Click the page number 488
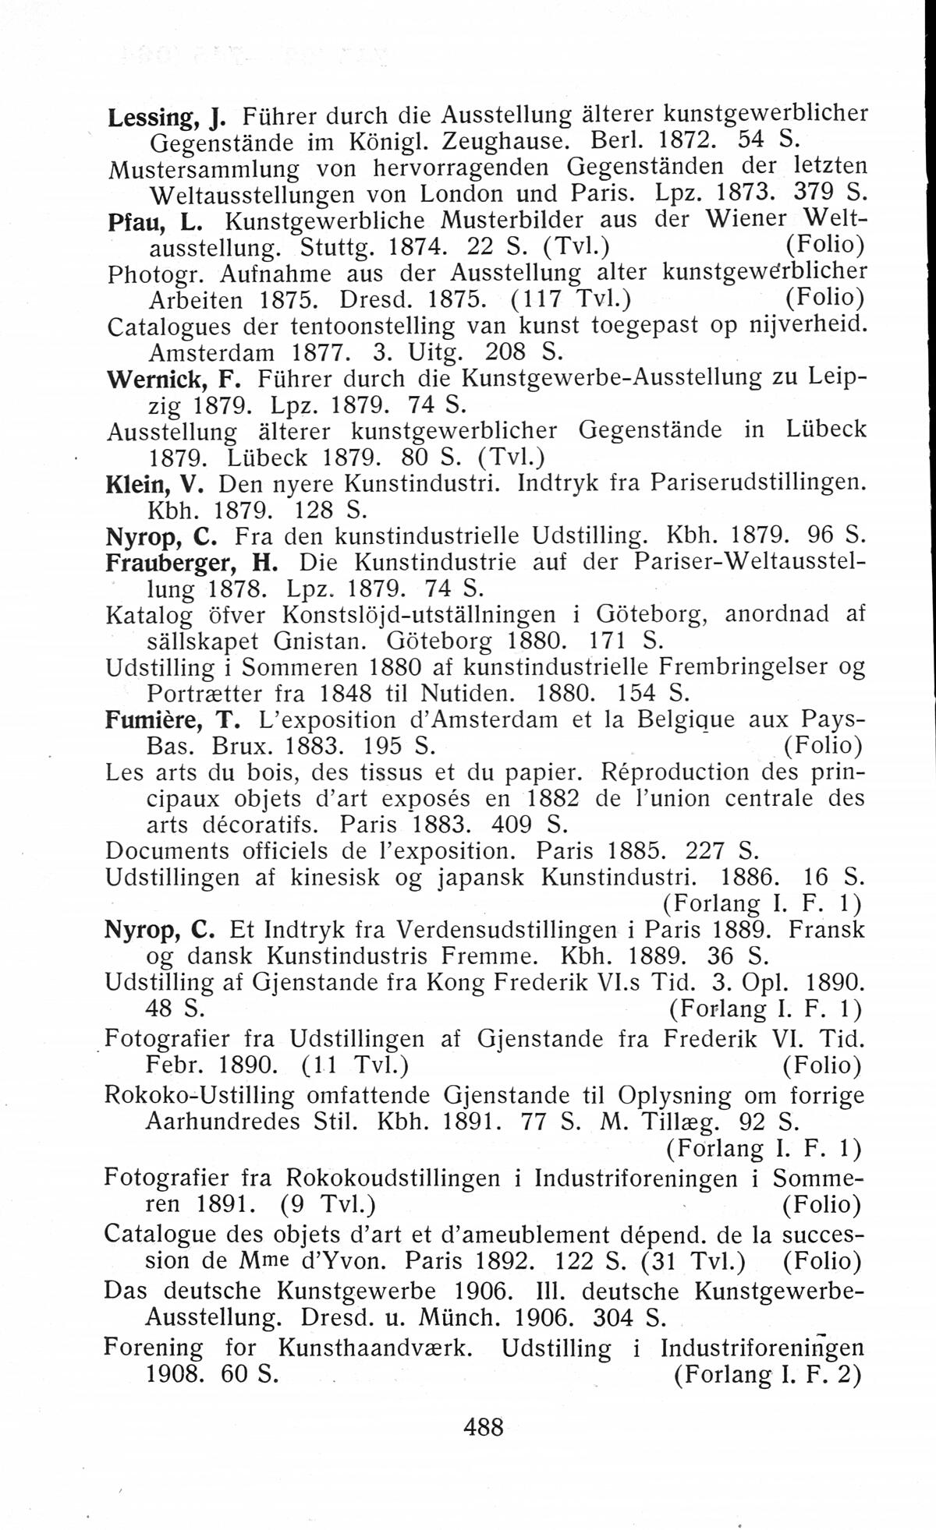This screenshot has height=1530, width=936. (484, 1427)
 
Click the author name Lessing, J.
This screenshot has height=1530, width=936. (166, 118)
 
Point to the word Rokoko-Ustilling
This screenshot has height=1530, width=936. (200, 1096)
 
